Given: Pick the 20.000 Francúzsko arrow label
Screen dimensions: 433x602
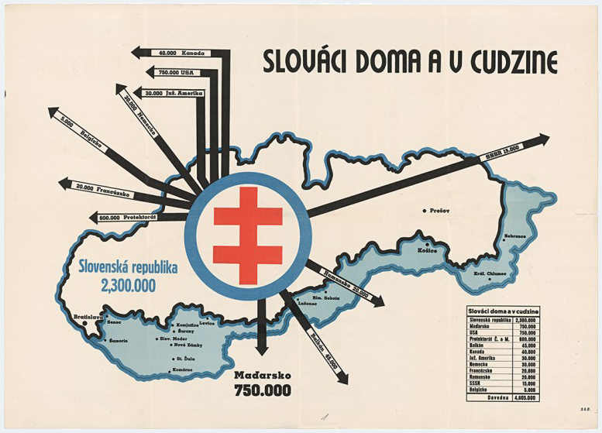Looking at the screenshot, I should point(103,190).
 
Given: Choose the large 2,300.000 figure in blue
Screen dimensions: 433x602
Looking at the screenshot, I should point(128,286).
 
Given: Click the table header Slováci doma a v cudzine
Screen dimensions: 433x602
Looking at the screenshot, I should point(504,311).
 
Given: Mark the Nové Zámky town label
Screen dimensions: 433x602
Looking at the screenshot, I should point(189,345).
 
